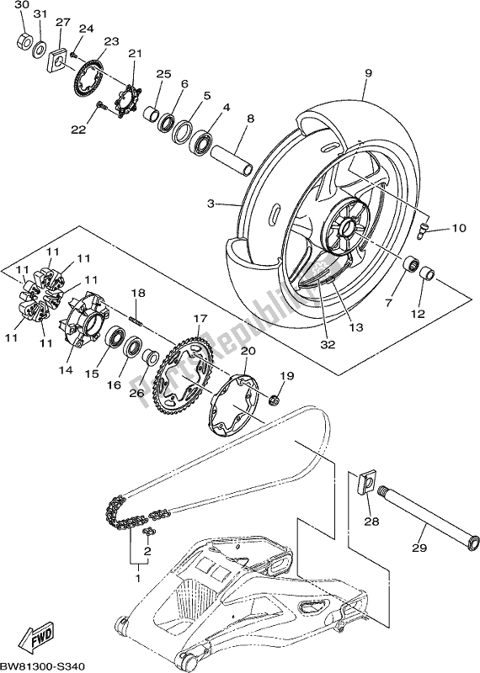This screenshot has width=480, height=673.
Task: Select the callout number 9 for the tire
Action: (368, 73)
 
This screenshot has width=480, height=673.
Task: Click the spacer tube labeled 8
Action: (232, 160)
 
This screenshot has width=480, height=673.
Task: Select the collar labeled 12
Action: (427, 273)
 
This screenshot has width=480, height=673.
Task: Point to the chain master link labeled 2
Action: (149, 533)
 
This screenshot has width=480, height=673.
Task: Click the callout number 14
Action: (66, 369)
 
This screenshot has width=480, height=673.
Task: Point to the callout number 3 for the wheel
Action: (211, 204)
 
